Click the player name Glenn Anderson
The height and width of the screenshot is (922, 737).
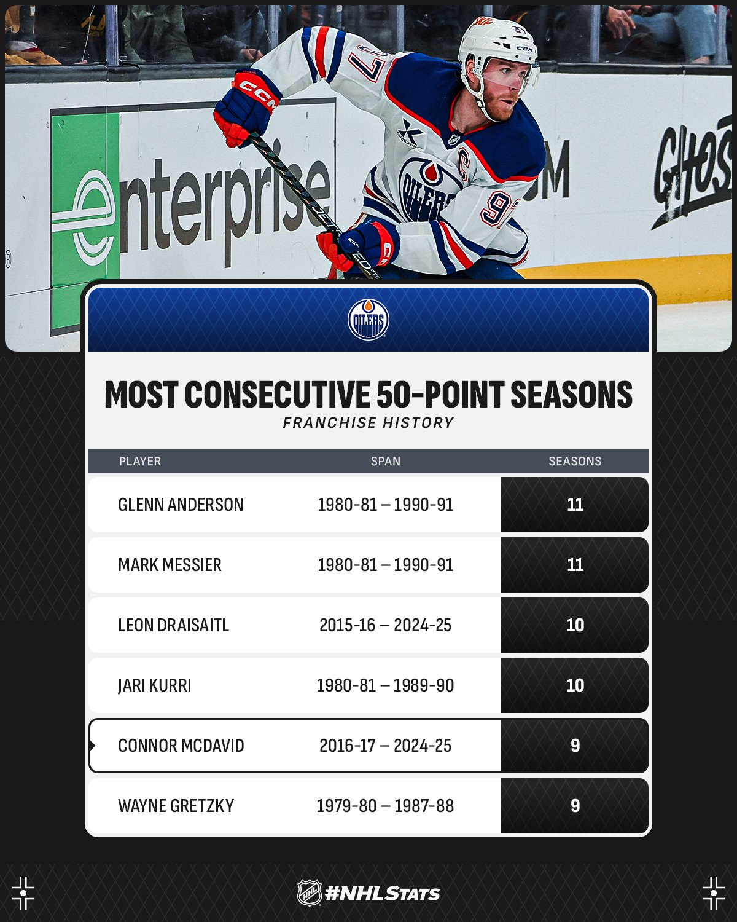click(x=181, y=505)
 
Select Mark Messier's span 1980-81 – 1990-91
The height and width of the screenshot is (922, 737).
click(x=386, y=565)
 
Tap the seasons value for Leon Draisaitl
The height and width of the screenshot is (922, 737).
click(x=575, y=625)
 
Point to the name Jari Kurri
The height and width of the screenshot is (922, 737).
click(x=155, y=685)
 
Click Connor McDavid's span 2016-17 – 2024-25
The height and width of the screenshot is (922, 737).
click(x=386, y=746)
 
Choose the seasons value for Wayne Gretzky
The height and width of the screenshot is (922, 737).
click(x=575, y=806)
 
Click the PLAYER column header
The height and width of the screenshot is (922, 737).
click(x=140, y=461)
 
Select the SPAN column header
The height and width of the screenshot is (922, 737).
click(x=386, y=461)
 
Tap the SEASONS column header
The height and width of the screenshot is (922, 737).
click(x=575, y=461)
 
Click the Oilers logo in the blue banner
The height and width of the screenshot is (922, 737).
click(x=368, y=320)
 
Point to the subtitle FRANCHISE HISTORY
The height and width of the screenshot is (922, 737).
click(x=368, y=423)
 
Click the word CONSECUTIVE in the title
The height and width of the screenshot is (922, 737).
click(x=277, y=394)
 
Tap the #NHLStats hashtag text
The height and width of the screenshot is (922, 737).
click(x=383, y=894)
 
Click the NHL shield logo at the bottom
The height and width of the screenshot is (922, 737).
click(x=309, y=893)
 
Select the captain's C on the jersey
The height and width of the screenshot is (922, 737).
click(x=463, y=163)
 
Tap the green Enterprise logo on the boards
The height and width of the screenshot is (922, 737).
click(x=85, y=218)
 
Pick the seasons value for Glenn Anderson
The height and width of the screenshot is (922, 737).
click(x=575, y=505)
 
